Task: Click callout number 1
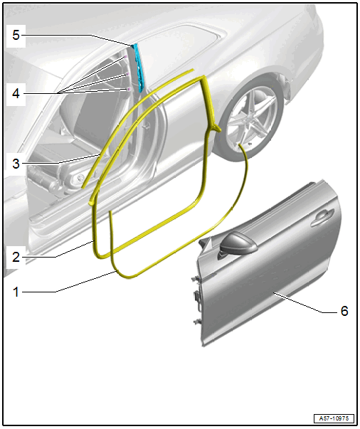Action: point(16,292)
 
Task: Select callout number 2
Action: point(16,257)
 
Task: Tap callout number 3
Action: point(16,164)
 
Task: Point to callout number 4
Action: point(16,94)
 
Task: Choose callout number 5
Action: point(16,35)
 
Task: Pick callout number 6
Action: point(344,311)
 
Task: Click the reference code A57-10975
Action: point(334,418)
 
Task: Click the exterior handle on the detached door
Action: point(322,217)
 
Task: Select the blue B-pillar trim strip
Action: point(138,68)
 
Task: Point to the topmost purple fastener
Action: point(125,57)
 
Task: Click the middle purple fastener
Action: point(127,74)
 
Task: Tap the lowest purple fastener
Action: point(129,89)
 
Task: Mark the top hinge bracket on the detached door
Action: point(195,280)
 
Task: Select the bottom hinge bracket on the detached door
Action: point(196,321)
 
